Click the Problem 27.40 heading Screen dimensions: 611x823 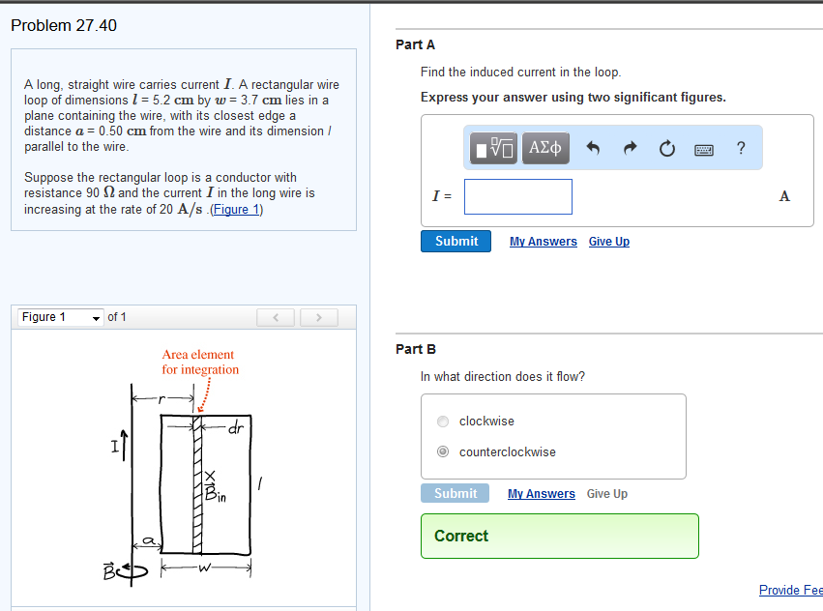click(x=64, y=25)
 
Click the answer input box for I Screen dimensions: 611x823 click(x=517, y=196)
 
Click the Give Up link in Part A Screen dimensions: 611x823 click(x=608, y=242)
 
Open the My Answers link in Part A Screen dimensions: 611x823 click(x=543, y=242)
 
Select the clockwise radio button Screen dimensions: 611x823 click(x=443, y=422)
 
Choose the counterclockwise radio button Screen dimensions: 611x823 click(x=443, y=451)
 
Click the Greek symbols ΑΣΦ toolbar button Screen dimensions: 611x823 click(x=546, y=148)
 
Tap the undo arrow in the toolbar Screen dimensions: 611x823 click(x=594, y=148)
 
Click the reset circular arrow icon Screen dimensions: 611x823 click(x=666, y=148)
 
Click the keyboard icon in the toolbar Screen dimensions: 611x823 click(x=704, y=149)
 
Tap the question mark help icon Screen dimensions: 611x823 click(x=741, y=148)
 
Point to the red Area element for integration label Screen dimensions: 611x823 click(x=199, y=362)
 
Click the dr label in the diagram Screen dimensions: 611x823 click(x=236, y=426)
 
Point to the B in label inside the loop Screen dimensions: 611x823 click(x=215, y=493)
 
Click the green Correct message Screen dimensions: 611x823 click(x=559, y=536)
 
